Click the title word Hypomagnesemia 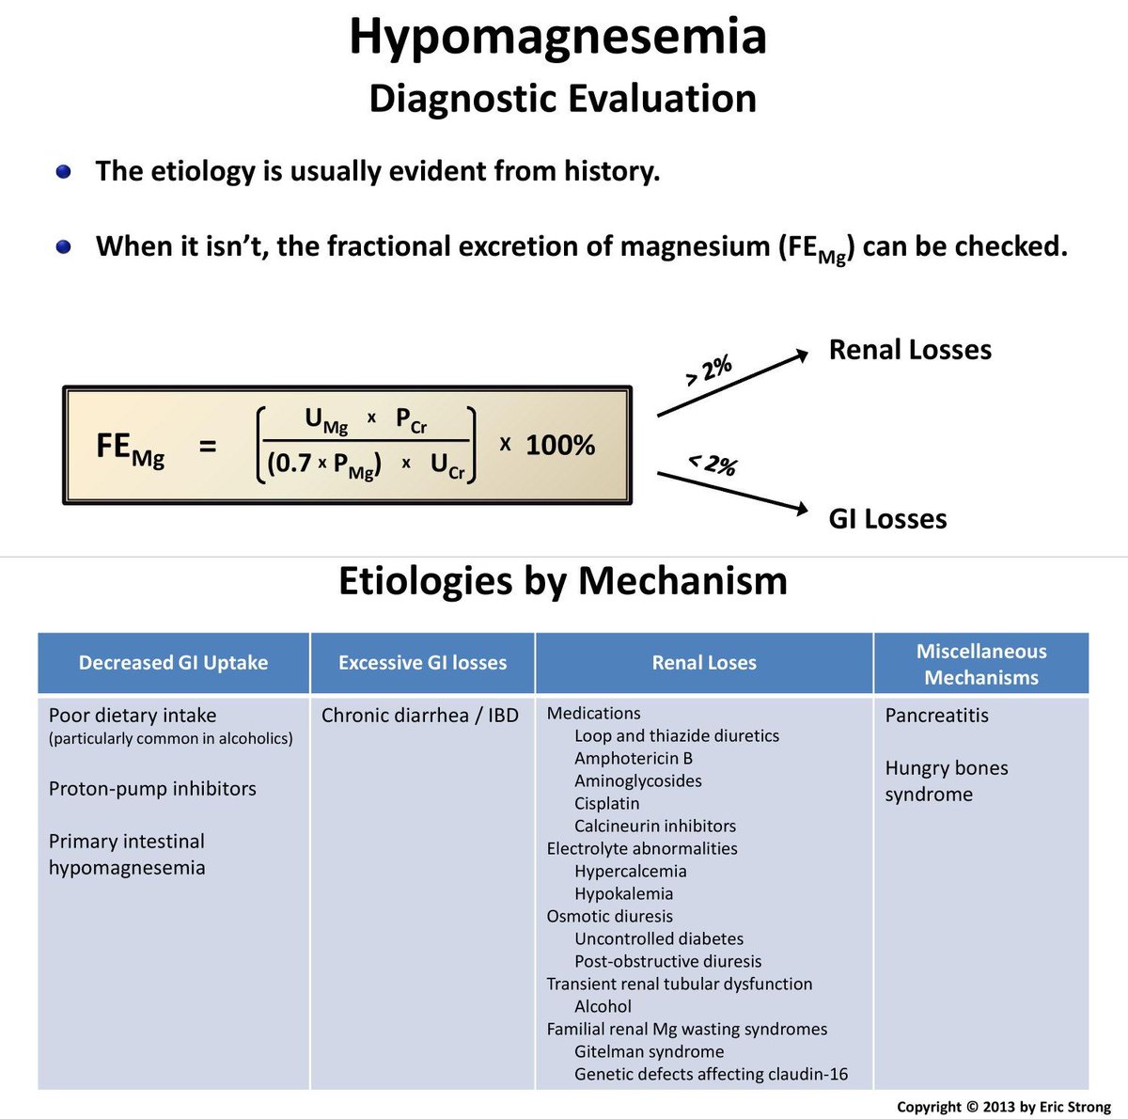tap(557, 38)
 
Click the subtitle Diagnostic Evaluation tap(562, 99)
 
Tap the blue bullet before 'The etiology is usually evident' tap(64, 172)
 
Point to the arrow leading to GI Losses tap(731, 492)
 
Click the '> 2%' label tap(709, 370)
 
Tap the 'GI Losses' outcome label tap(887, 519)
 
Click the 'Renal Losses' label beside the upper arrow tap(910, 350)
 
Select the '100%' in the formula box tap(560, 445)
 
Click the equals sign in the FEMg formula tap(208, 446)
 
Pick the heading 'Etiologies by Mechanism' tap(562, 580)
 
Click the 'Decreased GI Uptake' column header tap(173, 663)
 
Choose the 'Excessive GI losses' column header tap(422, 663)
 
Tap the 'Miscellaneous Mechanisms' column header tap(980, 664)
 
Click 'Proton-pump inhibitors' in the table tap(152, 789)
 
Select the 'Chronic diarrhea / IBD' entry tap(420, 716)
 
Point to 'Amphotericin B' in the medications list tap(634, 759)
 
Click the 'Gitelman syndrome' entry tap(649, 1052)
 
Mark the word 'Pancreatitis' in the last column tap(936, 716)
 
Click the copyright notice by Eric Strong tap(1004, 1107)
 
